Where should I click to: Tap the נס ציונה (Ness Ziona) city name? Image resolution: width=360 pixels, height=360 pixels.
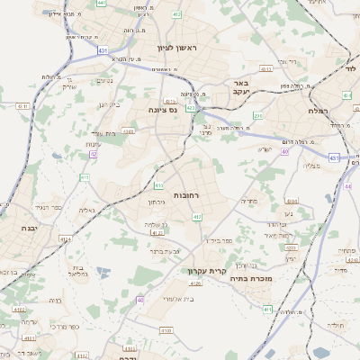[162, 110]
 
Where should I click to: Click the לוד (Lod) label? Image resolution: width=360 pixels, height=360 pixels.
[350, 68]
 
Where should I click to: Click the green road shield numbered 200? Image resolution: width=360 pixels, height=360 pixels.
[257, 115]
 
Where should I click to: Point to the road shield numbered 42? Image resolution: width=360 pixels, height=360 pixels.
[93, 154]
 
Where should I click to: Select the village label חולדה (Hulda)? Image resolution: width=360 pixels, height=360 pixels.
[336, 324]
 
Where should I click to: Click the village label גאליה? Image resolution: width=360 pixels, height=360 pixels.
[86, 211]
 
